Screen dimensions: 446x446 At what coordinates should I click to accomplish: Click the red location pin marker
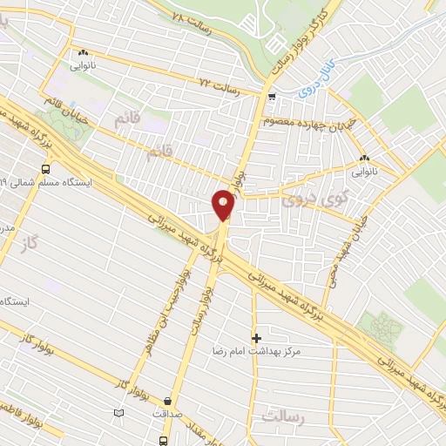click(223, 205)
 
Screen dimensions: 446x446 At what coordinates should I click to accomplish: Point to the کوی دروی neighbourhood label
click(302, 199)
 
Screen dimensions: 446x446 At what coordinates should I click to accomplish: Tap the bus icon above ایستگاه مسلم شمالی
click(44, 170)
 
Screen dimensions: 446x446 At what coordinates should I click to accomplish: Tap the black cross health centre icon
click(256, 337)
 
